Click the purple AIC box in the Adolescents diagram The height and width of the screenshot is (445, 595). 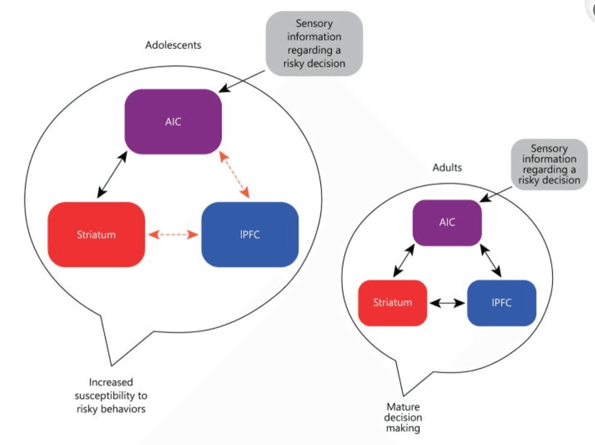click(x=173, y=121)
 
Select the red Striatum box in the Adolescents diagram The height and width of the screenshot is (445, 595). click(x=96, y=234)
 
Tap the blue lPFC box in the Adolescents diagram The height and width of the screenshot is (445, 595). click(x=250, y=234)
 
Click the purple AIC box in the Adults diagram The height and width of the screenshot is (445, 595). click(x=447, y=222)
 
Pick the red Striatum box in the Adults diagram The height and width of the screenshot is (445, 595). click(x=392, y=303)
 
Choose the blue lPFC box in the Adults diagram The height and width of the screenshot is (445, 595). click(x=502, y=303)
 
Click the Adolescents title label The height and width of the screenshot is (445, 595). click(x=173, y=45)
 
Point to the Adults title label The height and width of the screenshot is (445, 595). click(x=447, y=168)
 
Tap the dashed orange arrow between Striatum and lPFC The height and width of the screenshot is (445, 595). click(x=173, y=234)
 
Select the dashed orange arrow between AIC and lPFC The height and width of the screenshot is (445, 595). click(x=234, y=175)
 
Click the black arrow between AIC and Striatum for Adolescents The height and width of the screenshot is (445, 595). click(x=112, y=175)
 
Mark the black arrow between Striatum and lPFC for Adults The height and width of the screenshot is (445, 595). click(x=447, y=303)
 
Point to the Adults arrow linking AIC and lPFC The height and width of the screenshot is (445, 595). click(x=491, y=261)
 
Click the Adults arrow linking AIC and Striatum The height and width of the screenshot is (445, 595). click(x=404, y=261)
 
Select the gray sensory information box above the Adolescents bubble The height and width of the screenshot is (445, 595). click(x=314, y=44)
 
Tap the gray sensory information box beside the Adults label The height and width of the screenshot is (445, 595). click(x=549, y=165)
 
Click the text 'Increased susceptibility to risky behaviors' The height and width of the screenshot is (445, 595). click(x=111, y=396)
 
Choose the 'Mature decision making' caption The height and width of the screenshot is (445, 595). click(x=403, y=418)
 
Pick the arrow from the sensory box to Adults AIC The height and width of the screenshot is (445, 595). click(x=496, y=194)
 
